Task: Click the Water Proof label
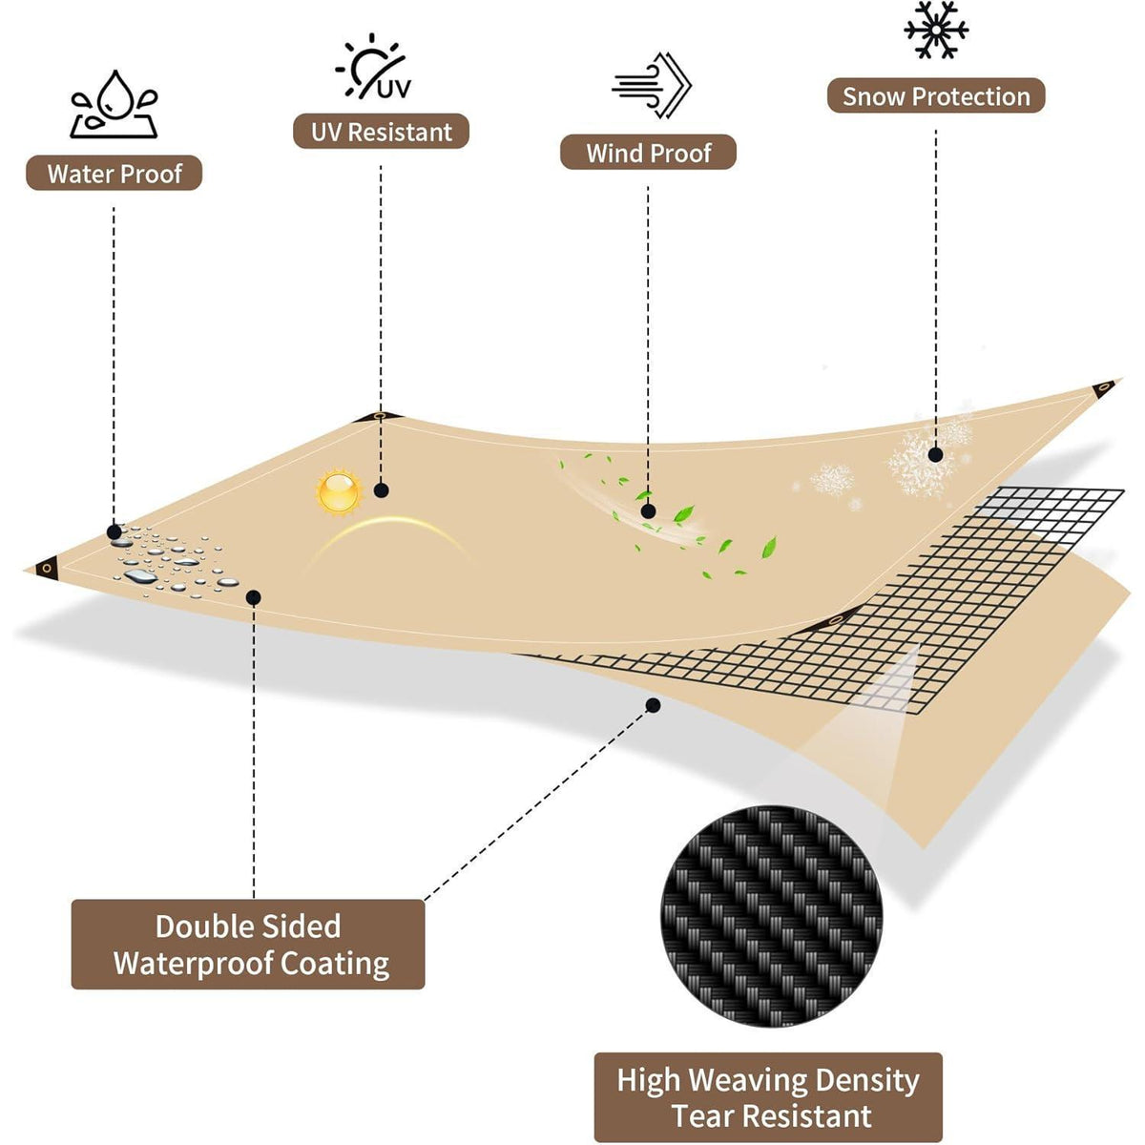tap(114, 173)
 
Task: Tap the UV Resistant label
tap(381, 132)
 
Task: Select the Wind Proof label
tap(648, 152)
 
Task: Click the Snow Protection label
tap(936, 95)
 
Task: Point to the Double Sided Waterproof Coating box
tap(248, 945)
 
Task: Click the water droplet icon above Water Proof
tap(114, 105)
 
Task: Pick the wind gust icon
tap(652, 85)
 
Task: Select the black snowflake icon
tap(936, 30)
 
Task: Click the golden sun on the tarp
tap(339, 491)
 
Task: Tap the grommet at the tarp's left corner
tap(48, 568)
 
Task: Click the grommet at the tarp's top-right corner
tap(1104, 387)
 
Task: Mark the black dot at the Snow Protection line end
tap(936, 455)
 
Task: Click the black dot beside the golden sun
tap(382, 490)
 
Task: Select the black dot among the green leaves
tap(648, 511)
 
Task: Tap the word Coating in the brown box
tap(335, 965)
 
